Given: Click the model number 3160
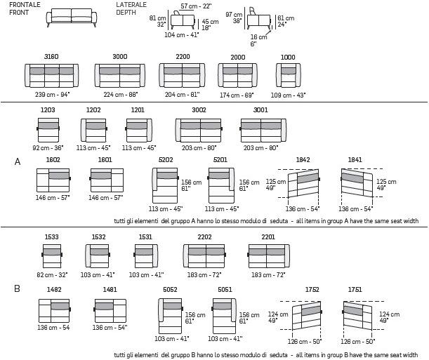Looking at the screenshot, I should pos(51,56).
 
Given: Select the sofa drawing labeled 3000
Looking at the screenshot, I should pos(119,76).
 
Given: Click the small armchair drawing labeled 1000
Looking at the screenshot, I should pos(287,76).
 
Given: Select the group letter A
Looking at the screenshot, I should pos(18,162).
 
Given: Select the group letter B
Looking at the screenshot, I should pos(17,288).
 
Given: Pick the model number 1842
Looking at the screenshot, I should pos(303,160).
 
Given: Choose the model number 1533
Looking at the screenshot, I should pos(52,237).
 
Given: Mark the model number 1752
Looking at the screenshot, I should pos(312,289).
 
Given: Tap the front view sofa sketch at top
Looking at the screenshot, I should pos(72,18).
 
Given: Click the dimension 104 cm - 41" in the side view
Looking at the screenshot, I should pos(181,34).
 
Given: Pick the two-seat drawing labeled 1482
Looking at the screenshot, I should pos(53,309).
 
